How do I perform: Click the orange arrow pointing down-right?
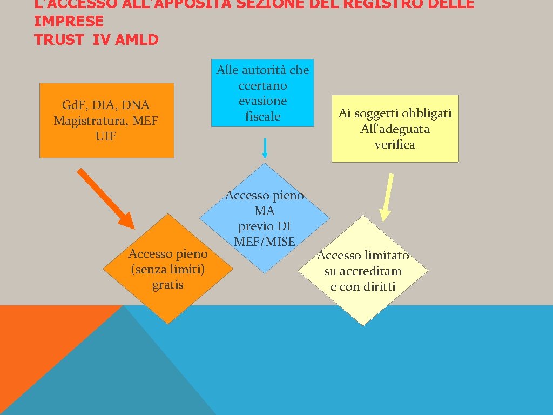click(x=106, y=198)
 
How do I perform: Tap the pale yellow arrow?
click(x=386, y=197)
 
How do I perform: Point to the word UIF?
click(x=105, y=136)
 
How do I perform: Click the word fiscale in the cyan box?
click(x=262, y=116)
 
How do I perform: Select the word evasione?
click(x=262, y=101)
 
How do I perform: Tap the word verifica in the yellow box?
click(x=395, y=144)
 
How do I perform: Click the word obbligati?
click(x=424, y=113)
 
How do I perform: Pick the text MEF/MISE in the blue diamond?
click(x=265, y=242)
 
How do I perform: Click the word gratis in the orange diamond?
click(x=168, y=285)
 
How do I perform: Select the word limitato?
click(x=386, y=255)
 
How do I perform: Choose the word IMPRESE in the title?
click(x=69, y=22)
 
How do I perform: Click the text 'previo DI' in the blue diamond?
click(x=265, y=226)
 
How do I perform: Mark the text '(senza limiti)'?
click(x=168, y=269)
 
